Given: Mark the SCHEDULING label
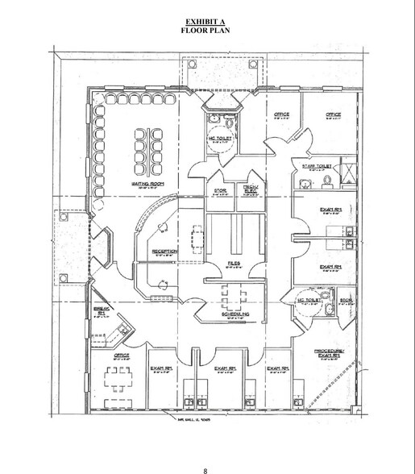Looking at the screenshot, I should coord(235,315).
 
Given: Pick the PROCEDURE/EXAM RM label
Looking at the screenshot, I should coord(333,354).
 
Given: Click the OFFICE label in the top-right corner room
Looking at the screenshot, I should coord(333,114).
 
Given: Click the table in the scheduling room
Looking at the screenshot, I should coord(234,299).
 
